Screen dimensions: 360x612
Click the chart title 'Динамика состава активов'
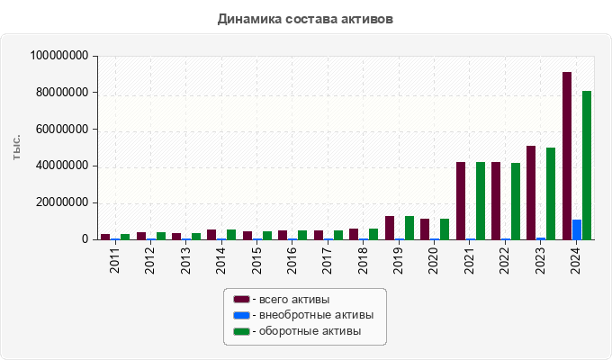point(306,18)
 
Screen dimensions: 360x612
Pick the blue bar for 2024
point(577,229)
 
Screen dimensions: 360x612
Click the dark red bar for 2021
point(461,201)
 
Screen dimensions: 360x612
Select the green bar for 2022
point(516,201)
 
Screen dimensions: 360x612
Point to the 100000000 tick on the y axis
point(59,56)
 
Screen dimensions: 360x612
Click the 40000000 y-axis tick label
point(62,166)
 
